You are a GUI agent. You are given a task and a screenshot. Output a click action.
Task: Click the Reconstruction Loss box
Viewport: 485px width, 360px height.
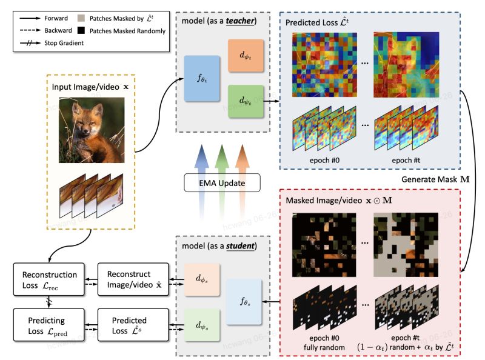[45, 279]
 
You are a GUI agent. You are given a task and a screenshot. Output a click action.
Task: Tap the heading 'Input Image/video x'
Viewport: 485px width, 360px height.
[92, 87]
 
